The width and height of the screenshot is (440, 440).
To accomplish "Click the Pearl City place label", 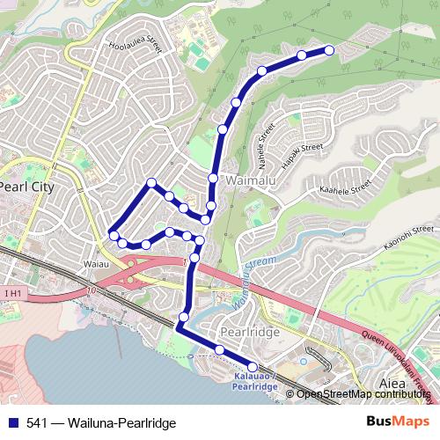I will coord(26,187).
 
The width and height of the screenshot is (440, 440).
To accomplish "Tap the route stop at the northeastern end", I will coord(330,50).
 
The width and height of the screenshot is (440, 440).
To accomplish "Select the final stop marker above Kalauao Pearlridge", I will coord(253,366).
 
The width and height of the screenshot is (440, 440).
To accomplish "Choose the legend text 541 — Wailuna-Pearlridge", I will coord(100,423).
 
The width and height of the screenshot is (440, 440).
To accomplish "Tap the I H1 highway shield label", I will coord(11,293).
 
